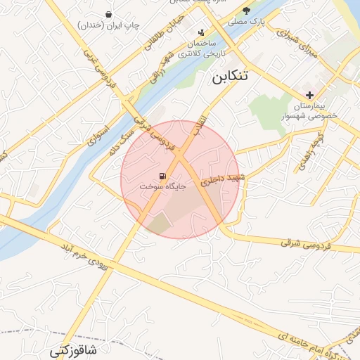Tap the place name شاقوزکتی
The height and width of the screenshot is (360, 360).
[74, 349]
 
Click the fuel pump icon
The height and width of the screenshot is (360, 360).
[163, 176]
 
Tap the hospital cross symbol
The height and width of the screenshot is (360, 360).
[309, 95]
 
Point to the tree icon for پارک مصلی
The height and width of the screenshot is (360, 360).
[246, 10]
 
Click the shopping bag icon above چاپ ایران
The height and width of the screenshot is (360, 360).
[108, 14]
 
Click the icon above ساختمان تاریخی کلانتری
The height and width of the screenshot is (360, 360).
[202, 32]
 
